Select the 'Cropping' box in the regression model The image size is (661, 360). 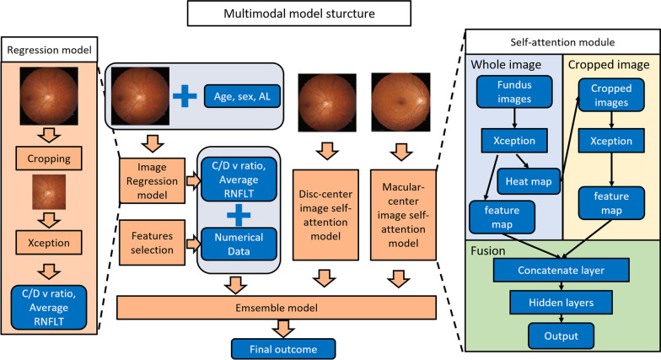pos(51,157)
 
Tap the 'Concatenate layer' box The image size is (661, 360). pos(561,271)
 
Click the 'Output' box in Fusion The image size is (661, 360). pos(561,336)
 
